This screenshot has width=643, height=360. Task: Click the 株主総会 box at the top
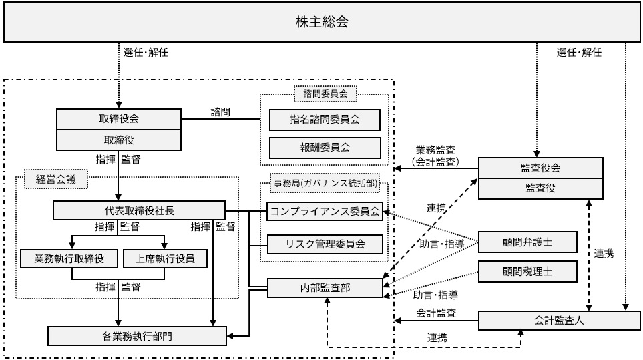click(x=321, y=22)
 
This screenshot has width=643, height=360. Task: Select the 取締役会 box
click(x=118, y=120)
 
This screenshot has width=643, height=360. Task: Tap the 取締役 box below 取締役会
click(x=118, y=140)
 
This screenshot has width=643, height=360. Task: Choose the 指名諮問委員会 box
click(x=325, y=120)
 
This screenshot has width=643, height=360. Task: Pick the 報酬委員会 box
click(x=325, y=146)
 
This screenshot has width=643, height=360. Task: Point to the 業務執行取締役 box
click(x=69, y=258)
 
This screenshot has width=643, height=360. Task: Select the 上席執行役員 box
click(x=166, y=258)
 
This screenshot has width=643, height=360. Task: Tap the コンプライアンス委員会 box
click(x=325, y=212)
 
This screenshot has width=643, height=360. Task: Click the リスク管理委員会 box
click(x=325, y=244)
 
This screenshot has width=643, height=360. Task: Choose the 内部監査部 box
click(x=325, y=288)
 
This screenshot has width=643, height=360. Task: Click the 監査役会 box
click(x=541, y=168)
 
